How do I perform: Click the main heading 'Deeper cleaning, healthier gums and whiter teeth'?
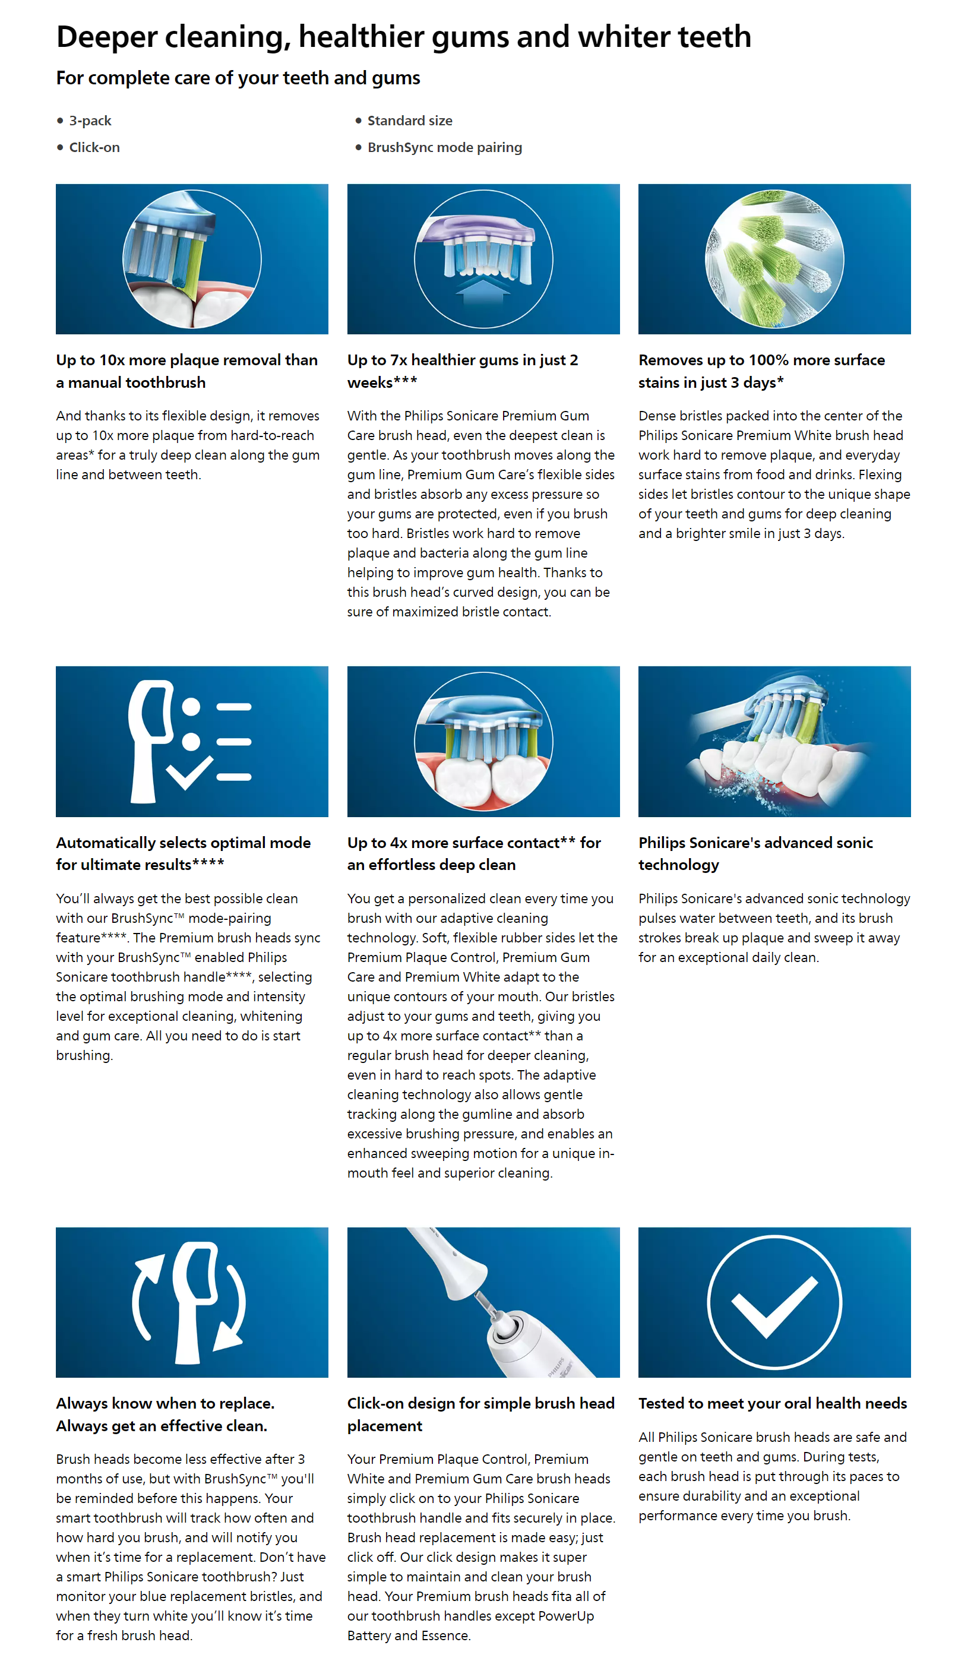pyautogui.click(x=403, y=37)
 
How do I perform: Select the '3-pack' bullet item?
pyautogui.click(x=90, y=121)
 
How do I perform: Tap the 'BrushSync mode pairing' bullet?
pyautogui.click(x=444, y=147)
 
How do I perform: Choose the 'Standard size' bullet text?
pyautogui.click(x=409, y=121)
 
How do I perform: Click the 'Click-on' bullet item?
pyautogui.click(x=94, y=147)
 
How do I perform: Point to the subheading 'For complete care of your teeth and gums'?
pyautogui.click(x=238, y=78)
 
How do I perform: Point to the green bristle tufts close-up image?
pyautogui.click(x=773, y=259)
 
